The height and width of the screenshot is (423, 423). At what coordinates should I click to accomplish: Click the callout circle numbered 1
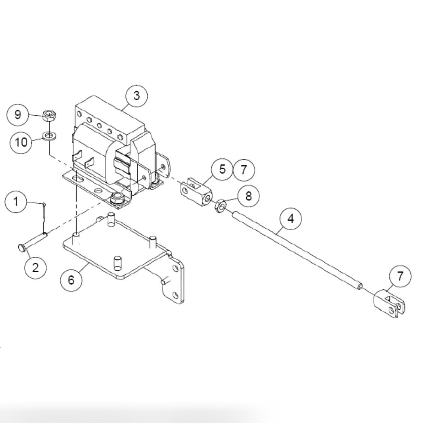(x=16, y=202)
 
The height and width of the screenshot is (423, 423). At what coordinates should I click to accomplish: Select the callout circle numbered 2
(x=36, y=267)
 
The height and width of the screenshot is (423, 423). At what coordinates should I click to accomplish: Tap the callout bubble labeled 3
(x=136, y=96)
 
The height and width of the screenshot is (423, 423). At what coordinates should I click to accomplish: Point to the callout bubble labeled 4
(x=291, y=218)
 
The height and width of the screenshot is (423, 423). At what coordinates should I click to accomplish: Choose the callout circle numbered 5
(x=222, y=170)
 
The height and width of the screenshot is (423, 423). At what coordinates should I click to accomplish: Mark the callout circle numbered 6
(x=71, y=280)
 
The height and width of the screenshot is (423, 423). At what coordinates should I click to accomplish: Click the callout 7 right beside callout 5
(x=244, y=170)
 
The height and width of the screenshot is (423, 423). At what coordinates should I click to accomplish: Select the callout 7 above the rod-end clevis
(x=400, y=277)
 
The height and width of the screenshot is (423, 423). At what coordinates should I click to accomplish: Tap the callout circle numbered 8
(x=249, y=195)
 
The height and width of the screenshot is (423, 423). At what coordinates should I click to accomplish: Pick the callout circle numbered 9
(x=18, y=114)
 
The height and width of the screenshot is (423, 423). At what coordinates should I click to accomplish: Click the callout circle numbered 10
(x=21, y=142)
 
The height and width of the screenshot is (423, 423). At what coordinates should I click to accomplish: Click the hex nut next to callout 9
(x=49, y=116)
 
